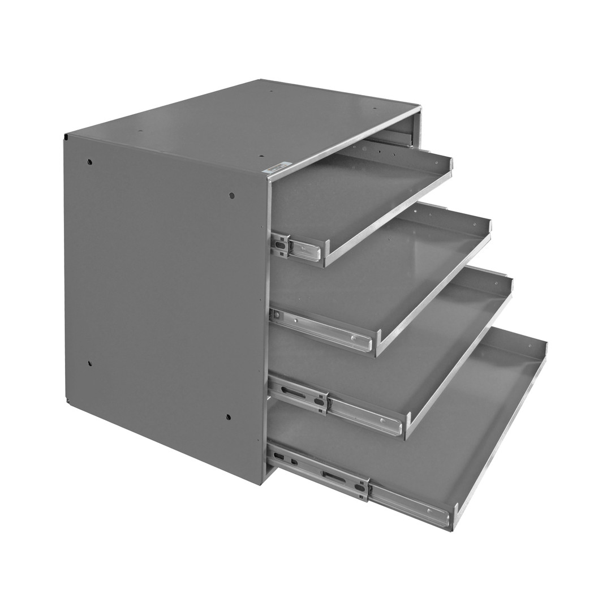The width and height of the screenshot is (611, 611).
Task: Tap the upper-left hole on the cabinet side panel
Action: [89, 162]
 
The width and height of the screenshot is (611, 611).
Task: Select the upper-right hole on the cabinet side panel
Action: [231, 196]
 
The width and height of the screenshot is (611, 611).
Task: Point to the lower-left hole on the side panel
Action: [89, 363]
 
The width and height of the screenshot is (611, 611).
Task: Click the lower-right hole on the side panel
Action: [228, 418]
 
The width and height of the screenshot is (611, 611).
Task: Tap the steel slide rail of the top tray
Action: [300, 247]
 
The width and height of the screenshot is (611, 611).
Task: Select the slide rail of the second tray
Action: [322, 332]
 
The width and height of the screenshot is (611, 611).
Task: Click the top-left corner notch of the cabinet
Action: [66, 137]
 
